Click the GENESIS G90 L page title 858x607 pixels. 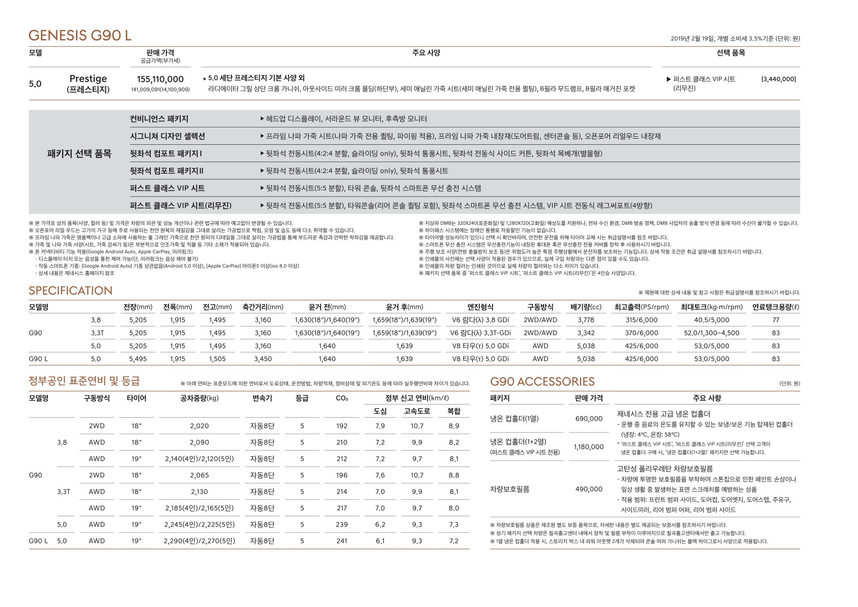tap(80, 35)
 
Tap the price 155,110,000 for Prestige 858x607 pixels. tap(160, 79)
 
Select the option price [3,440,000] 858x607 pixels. tap(779, 79)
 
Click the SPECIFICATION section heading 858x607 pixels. tap(70, 291)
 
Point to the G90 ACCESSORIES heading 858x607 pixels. tap(542, 382)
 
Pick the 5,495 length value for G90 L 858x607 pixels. tap(138, 359)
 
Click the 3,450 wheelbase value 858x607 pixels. tap(263, 359)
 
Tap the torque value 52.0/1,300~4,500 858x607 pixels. tap(711, 333)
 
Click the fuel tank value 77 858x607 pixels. tap(775, 320)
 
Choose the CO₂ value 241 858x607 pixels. tap(342, 541)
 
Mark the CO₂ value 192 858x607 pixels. tap(342, 426)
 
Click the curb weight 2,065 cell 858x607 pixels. tap(199, 475)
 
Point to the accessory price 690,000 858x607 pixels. tap(589, 419)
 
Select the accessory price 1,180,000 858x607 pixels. tap(589, 447)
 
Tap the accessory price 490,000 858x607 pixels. tap(589, 489)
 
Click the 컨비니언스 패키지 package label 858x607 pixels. tap(159, 119)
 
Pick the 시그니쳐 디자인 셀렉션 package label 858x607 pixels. tap(167, 136)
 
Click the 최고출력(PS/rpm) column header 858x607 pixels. tap(641, 307)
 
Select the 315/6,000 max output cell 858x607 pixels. tap(641, 320)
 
